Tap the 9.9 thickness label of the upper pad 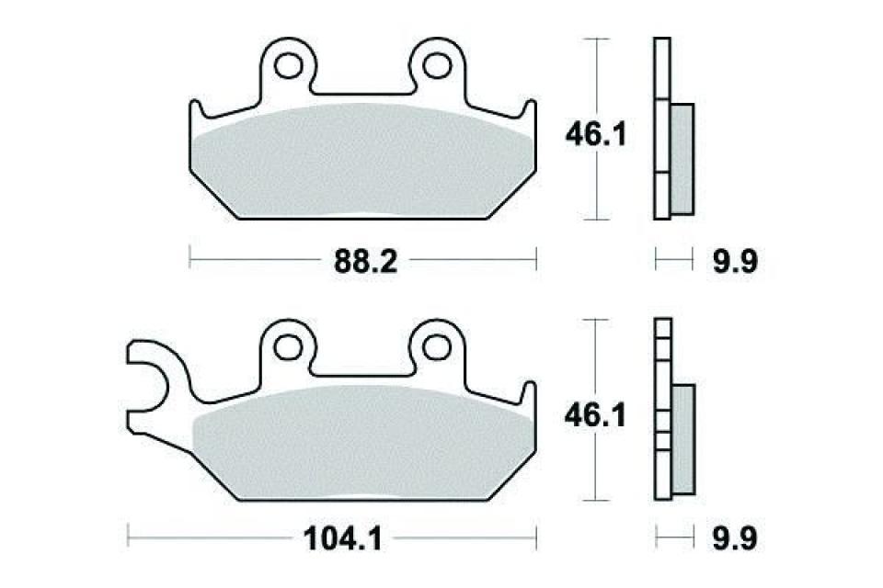tap(738, 263)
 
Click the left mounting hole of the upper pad tap(289, 65)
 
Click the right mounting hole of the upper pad tap(435, 65)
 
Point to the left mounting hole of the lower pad tap(289, 346)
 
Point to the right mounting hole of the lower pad tap(435, 346)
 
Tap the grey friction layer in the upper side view tap(682, 156)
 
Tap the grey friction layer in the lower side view tap(684, 436)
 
